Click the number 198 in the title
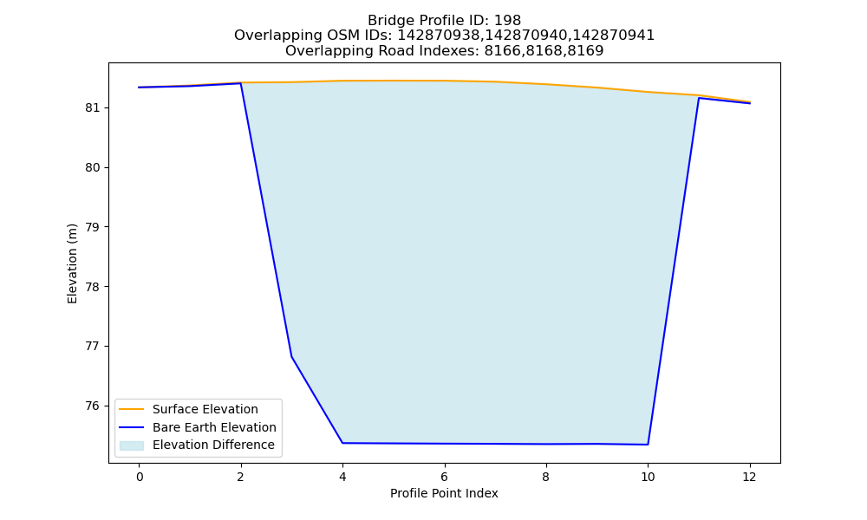(x=507, y=21)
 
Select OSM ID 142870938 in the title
(x=439, y=36)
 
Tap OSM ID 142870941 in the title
(x=613, y=36)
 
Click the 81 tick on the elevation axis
(x=93, y=107)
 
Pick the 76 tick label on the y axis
(x=93, y=406)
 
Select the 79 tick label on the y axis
(x=93, y=227)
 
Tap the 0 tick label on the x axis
(x=140, y=477)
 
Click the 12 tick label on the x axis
(x=749, y=477)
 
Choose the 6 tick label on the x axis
(x=444, y=477)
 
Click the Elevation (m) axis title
(x=72, y=263)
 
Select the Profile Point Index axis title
(x=444, y=493)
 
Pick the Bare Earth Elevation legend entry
(x=198, y=427)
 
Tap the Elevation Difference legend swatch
(x=132, y=445)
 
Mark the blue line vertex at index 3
(x=291, y=356)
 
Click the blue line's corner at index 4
(x=342, y=443)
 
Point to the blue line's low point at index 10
(x=648, y=445)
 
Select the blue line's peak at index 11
(x=699, y=98)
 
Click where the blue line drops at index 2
(x=240, y=83)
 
